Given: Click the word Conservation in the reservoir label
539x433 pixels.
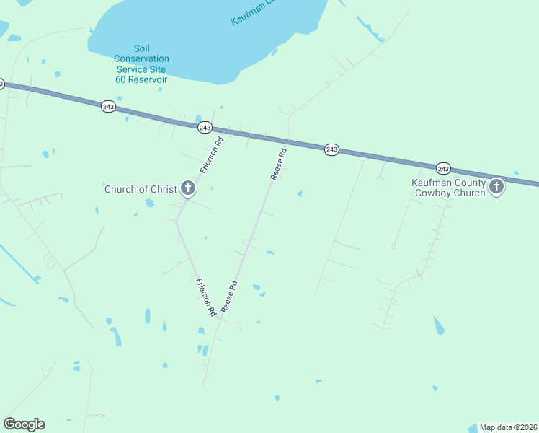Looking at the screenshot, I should click(142, 58).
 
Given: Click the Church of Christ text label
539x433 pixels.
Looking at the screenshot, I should click(141, 189).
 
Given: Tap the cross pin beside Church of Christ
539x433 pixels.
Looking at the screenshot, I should click(187, 189).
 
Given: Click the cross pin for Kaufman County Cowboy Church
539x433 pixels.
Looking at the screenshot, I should click(496, 188).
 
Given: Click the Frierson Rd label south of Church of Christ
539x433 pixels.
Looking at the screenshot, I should click(206, 297).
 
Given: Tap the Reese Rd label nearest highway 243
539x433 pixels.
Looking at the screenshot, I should click(279, 165).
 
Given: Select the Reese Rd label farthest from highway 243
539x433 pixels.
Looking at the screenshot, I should click(229, 297).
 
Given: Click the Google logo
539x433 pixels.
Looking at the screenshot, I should click(24, 424).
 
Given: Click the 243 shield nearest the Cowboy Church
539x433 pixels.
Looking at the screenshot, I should click(443, 168).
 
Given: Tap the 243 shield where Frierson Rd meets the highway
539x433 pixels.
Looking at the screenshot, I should click(205, 127).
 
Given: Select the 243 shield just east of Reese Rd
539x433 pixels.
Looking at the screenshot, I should click(331, 149).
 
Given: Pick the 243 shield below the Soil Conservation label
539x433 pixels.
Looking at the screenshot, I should click(108, 106).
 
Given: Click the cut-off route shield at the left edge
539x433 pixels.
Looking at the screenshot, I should click(1, 84).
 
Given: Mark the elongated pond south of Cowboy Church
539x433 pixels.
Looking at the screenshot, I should click(438, 325).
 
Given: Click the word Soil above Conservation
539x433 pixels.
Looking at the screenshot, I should click(123, 48).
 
